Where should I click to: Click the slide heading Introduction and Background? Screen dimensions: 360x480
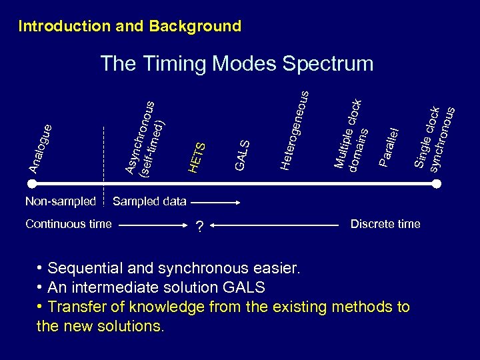click(x=129, y=27)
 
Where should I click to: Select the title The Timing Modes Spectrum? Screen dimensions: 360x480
click(x=237, y=63)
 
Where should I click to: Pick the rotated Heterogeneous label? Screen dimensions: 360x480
click(x=294, y=130)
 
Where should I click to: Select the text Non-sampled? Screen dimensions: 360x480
click(x=60, y=201)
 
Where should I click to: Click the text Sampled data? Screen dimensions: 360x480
click(x=150, y=201)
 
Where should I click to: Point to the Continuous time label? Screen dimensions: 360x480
click(x=68, y=224)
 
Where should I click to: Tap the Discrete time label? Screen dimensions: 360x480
click(x=385, y=224)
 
